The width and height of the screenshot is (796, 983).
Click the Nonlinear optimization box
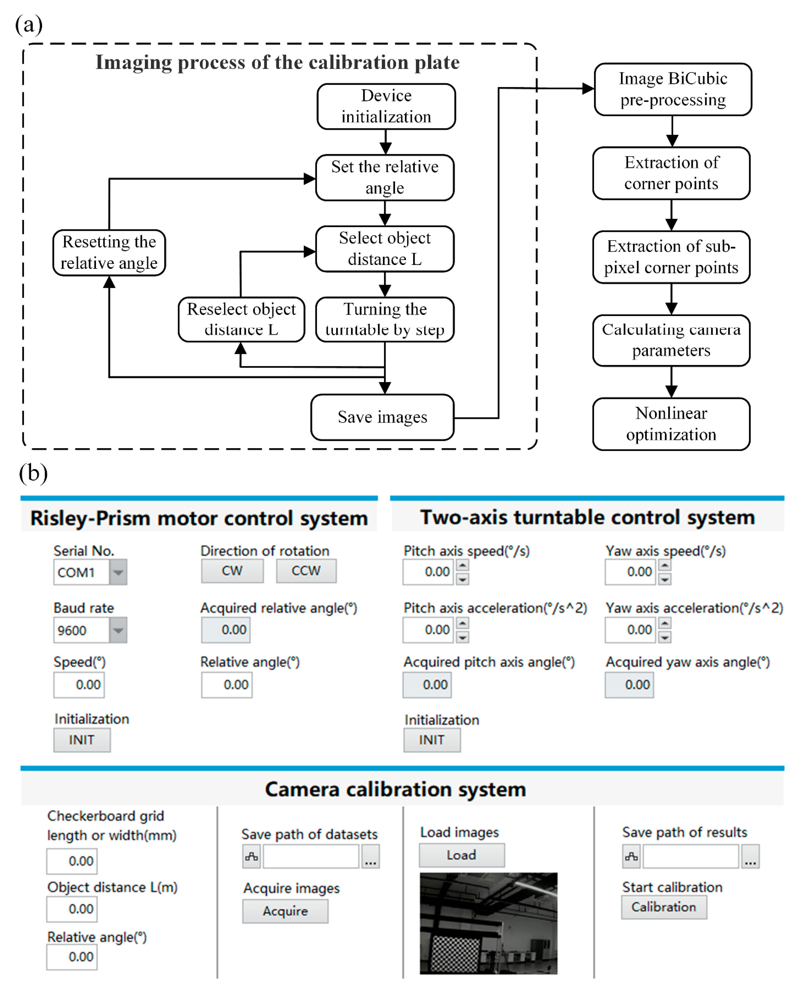671,424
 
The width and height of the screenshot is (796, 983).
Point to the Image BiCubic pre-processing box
673,89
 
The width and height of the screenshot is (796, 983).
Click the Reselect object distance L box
241,319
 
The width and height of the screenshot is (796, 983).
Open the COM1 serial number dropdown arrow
118,572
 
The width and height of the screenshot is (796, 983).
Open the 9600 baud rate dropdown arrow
118,630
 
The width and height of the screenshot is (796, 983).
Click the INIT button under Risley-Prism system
82,740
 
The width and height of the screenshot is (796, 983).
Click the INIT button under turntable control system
432,740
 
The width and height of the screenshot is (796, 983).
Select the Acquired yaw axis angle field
629,685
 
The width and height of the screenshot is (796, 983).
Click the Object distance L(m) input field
72,909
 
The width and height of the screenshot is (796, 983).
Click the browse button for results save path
750,856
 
